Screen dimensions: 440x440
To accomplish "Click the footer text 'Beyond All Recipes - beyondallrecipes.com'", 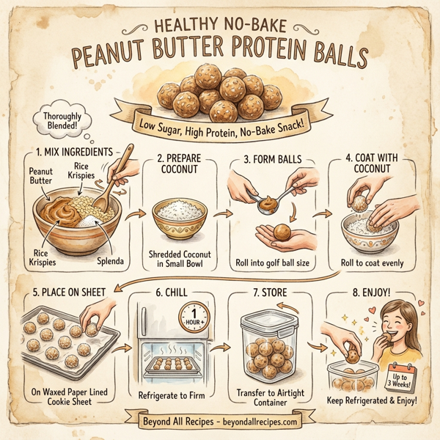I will [x=220, y=422].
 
